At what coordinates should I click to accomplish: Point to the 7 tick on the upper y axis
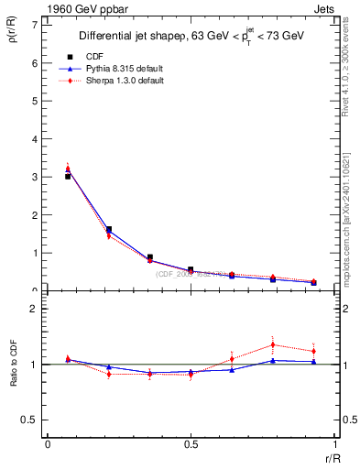[34, 24]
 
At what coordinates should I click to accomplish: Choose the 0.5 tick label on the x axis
[190, 444]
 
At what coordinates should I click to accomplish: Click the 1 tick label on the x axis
[333, 444]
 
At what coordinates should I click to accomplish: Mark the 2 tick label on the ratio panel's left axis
[34, 309]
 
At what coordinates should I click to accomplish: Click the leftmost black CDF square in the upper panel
[68, 176]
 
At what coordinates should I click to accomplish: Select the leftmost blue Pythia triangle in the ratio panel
[68, 359]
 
